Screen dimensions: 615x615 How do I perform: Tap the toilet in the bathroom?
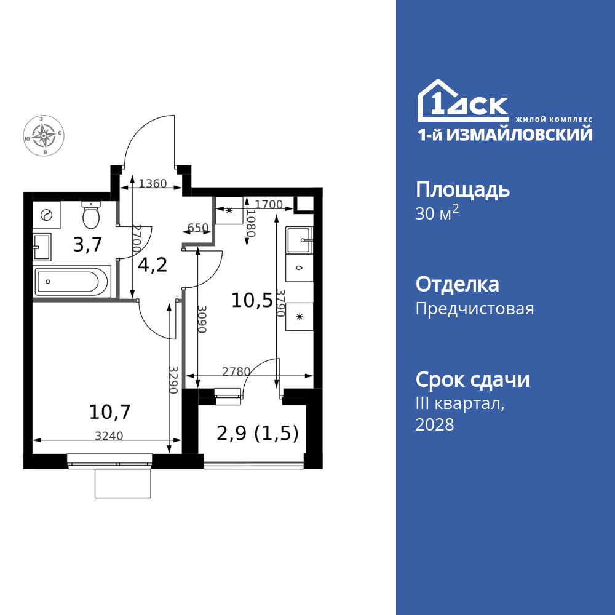[x=92, y=215]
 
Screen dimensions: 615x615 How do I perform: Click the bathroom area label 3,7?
[x=87, y=245]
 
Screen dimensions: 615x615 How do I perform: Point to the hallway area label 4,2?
[x=153, y=266]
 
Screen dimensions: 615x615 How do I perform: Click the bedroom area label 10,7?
[x=109, y=411]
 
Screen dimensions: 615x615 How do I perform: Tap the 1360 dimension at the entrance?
[x=152, y=183]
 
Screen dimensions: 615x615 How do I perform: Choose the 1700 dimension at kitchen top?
[x=268, y=204]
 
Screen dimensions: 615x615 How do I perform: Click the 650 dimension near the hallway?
[x=197, y=228]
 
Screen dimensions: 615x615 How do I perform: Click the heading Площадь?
[x=462, y=189]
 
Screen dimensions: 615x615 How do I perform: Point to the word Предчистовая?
[x=475, y=308]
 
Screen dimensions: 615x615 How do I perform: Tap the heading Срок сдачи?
[x=472, y=380]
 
